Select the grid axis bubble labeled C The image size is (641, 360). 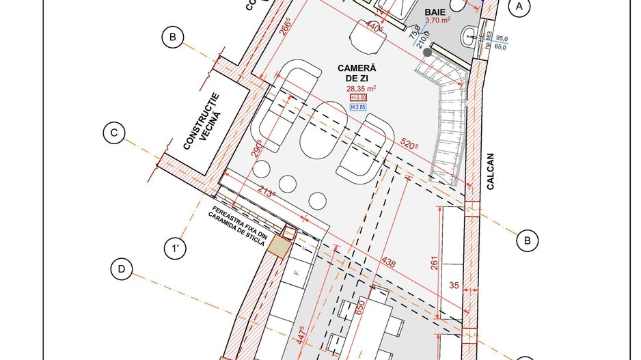(113, 134)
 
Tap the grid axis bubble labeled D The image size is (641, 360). (122, 269)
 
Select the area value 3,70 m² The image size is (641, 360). (438, 21)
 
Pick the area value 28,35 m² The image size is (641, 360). (362, 88)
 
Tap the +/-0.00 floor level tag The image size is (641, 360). (359, 98)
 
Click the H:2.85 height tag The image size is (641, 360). (359, 108)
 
